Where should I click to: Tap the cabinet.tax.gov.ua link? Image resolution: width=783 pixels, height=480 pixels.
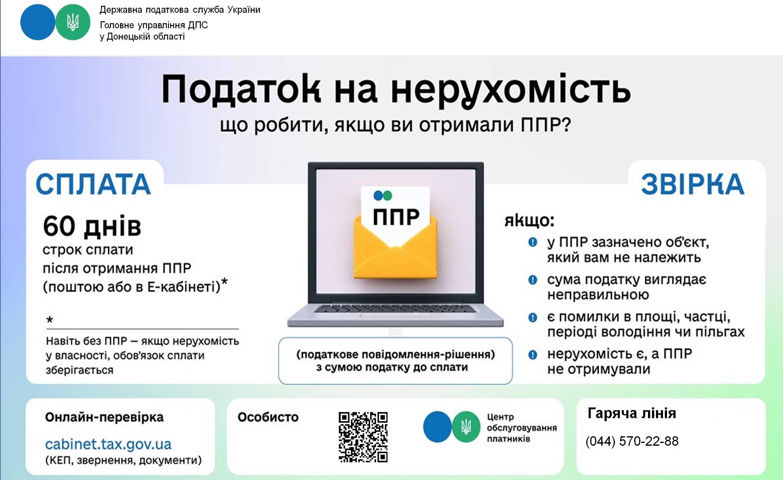(108, 444)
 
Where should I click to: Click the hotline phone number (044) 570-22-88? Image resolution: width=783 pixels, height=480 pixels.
(632, 441)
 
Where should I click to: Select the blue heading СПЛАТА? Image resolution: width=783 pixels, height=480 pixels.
(93, 184)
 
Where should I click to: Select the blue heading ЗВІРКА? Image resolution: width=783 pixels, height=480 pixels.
(692, 184)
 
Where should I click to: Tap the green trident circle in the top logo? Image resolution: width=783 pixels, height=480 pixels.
(73, 22)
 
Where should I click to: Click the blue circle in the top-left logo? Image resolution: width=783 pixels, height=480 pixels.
(38, 22)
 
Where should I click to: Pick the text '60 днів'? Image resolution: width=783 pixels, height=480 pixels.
(92, 227)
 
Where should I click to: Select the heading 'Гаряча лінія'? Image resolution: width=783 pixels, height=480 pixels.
(632, 413)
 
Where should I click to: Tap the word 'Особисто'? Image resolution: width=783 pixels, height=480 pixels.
(268, 417)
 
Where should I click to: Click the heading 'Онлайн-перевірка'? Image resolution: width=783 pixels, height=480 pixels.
(104, 417)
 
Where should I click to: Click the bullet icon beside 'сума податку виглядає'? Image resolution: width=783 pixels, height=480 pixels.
(533, 280)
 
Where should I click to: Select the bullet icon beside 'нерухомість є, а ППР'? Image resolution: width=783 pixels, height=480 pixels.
(533, 354)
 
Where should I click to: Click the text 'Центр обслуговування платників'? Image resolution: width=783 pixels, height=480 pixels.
(522, 428)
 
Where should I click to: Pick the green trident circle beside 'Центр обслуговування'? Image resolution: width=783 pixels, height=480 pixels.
(466, 427)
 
